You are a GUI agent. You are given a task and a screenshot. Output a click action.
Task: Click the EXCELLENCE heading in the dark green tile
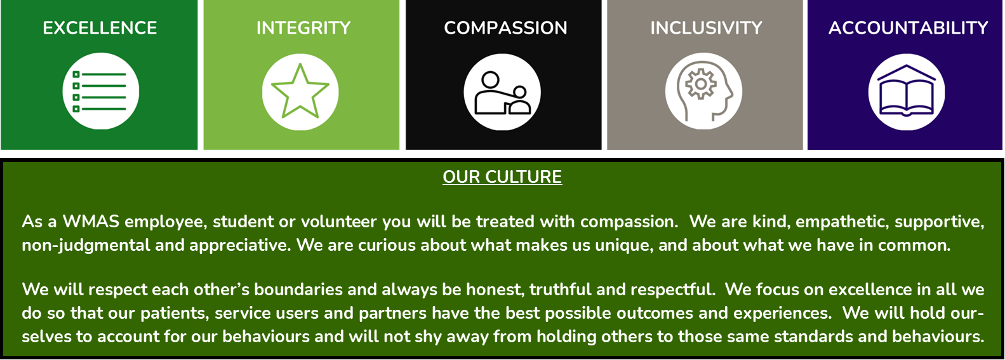100,29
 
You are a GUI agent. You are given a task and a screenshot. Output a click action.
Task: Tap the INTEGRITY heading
303,29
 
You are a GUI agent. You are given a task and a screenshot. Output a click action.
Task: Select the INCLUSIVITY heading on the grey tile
706,29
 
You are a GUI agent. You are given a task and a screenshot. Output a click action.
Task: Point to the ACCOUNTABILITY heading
908,29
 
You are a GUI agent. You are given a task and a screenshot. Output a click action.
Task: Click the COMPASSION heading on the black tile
505,29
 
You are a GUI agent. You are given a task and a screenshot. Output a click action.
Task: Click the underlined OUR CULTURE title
502,177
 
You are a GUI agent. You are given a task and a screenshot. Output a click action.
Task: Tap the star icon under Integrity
300,91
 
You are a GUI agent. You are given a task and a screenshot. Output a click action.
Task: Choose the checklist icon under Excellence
100,91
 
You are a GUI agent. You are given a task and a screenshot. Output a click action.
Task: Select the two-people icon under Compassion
503,93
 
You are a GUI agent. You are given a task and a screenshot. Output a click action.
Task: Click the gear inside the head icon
700,84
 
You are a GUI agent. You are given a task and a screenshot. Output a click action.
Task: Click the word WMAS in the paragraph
91,222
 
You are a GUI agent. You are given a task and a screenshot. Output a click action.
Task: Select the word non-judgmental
86,246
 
